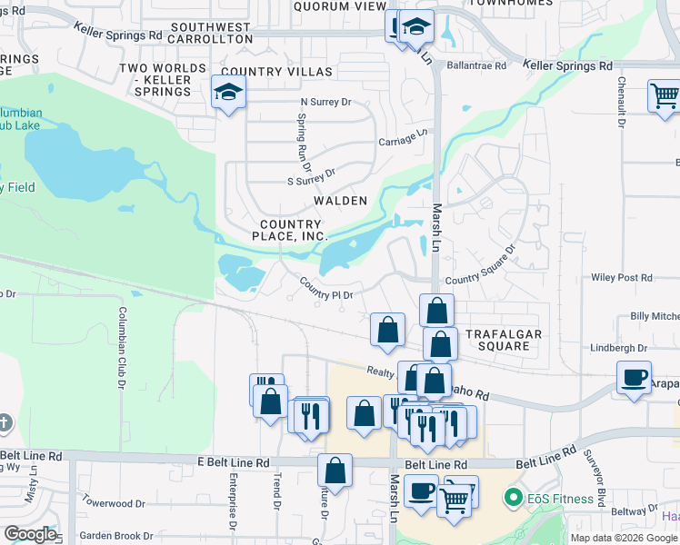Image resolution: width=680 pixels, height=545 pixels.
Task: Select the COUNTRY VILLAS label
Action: tap(276, 71)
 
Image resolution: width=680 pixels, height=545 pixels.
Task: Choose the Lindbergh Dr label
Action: tap(617, 348)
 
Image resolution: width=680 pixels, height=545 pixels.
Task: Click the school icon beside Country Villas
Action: tap(227, 92)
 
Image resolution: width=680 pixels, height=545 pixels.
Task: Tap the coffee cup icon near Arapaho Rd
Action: tap(633, 377)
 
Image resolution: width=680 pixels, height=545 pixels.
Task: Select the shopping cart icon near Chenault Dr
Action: tap(664, 95)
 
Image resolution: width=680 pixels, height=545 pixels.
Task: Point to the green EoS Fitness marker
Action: tap(514, 497)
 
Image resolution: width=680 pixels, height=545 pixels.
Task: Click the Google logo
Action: tap(29, 534)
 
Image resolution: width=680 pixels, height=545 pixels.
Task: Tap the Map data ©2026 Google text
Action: tap(624, 538)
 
